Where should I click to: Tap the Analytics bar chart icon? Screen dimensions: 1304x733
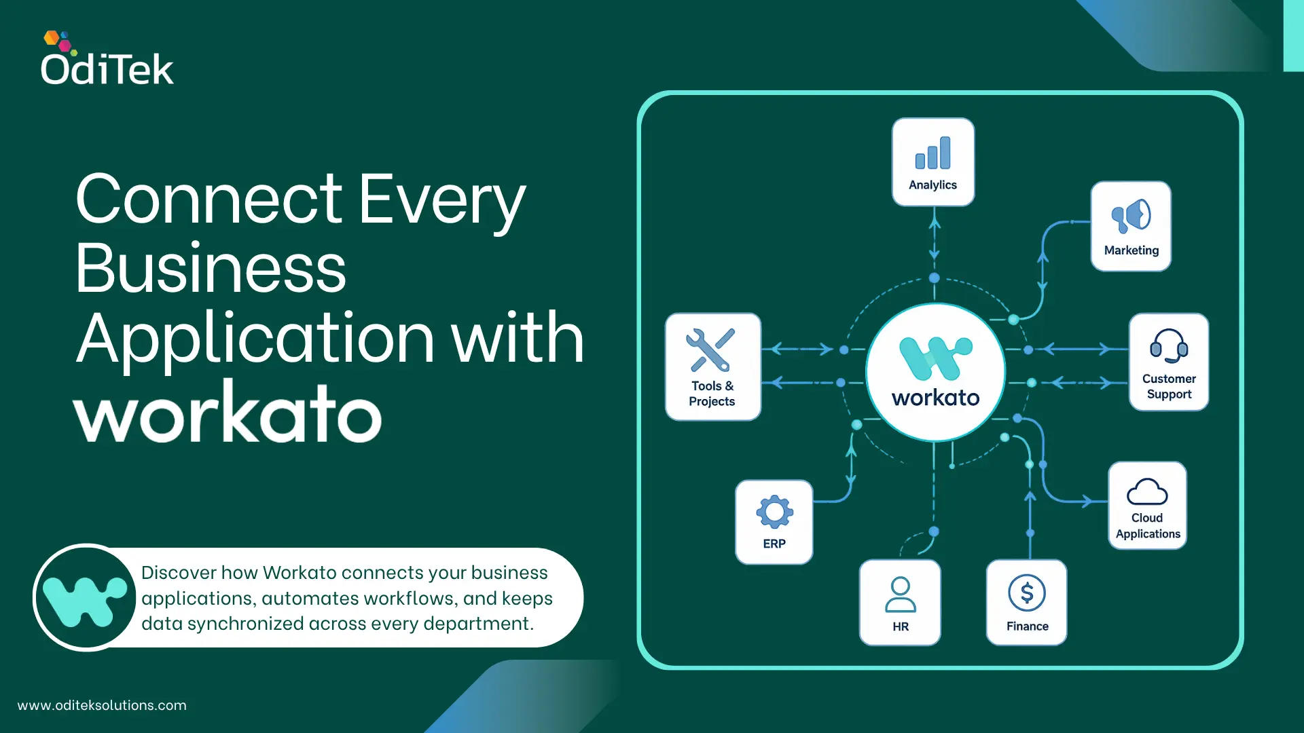[932, 153]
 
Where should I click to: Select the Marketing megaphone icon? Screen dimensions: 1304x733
[1131, 216]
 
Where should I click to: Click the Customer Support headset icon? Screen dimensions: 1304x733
[1169, 345]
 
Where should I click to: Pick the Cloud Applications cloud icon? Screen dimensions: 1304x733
[1147, 491]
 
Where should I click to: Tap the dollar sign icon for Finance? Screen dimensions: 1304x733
[1027, 593]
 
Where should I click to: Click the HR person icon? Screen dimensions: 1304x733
[901, 595]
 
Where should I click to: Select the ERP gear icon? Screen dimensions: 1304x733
[774, 512]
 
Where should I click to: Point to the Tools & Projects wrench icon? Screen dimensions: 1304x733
[710, 350]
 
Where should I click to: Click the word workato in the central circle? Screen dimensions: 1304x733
[936, 398]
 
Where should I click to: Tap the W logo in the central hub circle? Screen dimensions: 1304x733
[936, 358]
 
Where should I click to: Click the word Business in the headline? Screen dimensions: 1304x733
[211, 269]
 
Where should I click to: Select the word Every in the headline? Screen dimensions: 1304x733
[442, 200]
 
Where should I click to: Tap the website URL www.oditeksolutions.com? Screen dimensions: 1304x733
[102, 705]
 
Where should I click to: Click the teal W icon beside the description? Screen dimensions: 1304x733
[85, 598]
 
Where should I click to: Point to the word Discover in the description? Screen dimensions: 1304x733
[179, 573]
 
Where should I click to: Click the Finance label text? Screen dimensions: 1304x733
[1027, 626]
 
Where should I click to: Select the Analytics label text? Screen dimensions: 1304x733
[932, 185]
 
